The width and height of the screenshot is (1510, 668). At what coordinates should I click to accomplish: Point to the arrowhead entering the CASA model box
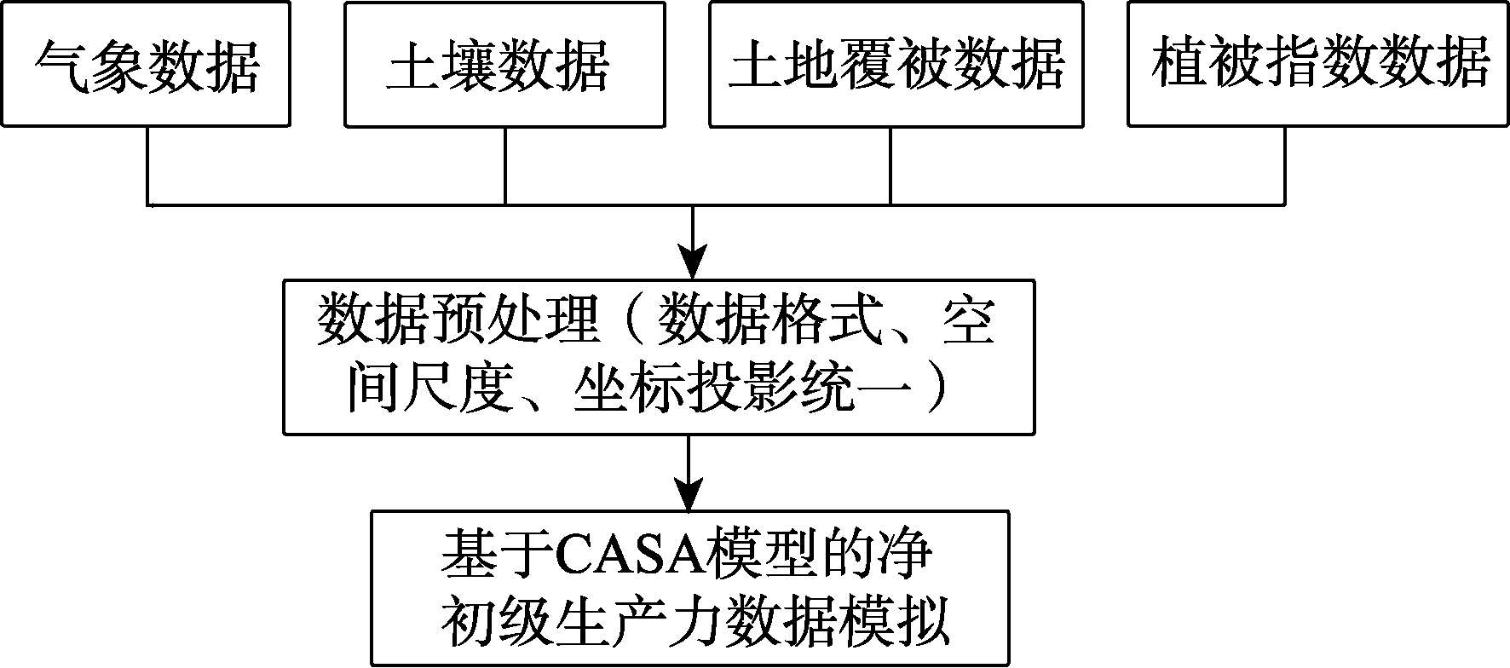click(689, 493)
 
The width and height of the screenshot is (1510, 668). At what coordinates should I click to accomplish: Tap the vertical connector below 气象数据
click(149, 166)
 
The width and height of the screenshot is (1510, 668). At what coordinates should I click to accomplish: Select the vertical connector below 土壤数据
click(505, 166)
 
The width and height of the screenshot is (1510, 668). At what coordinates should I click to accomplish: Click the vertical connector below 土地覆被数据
click(891, 166)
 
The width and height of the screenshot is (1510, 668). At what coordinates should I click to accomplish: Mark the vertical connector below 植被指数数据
click(1283, 166)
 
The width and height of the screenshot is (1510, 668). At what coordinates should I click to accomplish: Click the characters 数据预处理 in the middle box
click(456, 322)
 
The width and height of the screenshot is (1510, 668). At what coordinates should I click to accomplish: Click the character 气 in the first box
click(62, 65)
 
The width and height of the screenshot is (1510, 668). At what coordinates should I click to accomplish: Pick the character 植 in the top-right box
click(1179, 65)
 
